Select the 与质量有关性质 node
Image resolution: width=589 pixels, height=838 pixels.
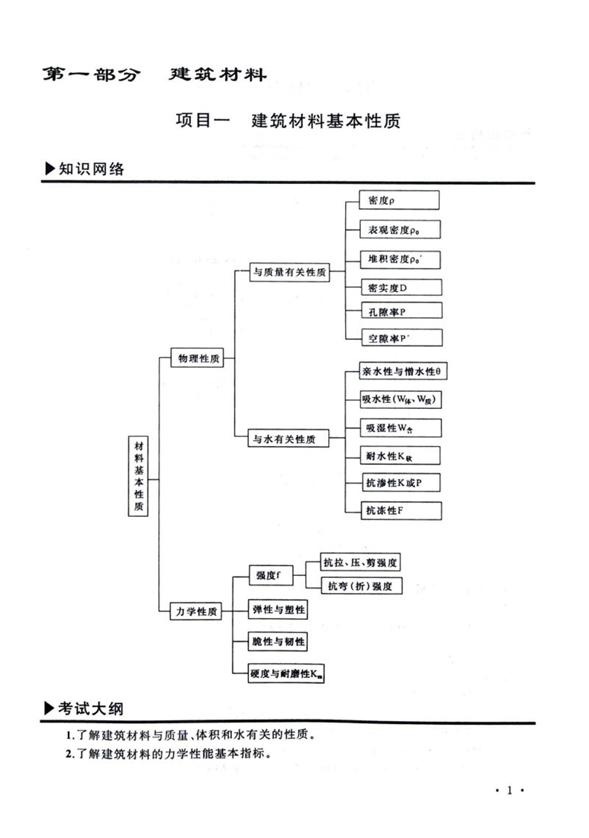coord(290,273)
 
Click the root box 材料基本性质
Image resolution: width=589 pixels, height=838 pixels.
coord(138,475)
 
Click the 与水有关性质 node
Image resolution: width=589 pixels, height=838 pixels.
coord(284,439)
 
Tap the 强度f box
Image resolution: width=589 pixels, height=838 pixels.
coord(270,575)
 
